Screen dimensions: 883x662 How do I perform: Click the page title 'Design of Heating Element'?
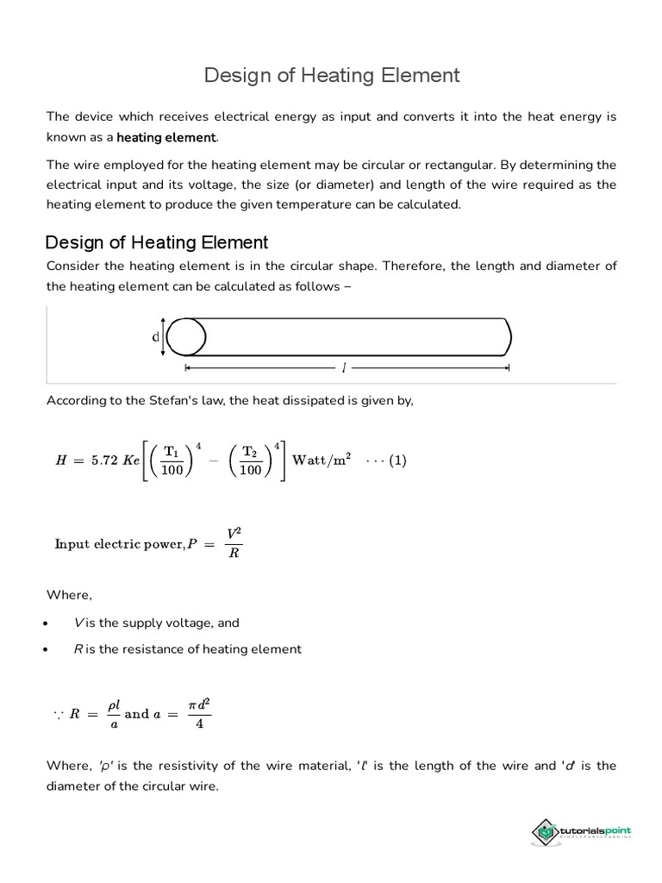click(x=332, y=76)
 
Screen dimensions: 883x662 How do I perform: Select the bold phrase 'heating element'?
click(x=165, y=137)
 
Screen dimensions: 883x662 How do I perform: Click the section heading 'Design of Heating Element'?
click(x=157, y=242)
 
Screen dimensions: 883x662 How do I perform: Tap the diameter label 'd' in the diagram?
click(x=156, y=337)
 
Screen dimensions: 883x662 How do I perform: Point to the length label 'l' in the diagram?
click(x=344, y=368)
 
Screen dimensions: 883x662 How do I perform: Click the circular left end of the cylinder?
click(x=186, y=337)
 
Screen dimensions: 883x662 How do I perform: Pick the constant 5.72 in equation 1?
click(x=101, y=460)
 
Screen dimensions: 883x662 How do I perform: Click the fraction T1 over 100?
click(x=172, y=460)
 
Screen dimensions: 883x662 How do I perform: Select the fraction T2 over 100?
click(x=250, y=460)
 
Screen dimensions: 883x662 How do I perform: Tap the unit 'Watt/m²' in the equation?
click(x=322, y=460)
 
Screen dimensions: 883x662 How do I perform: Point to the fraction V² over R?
click(x=234, y=543)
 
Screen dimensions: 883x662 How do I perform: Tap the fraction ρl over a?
click(x=113, y=713)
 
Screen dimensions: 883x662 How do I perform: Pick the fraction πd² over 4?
click(x=199, y=713)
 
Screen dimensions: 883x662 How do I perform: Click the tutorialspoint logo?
click(x=581, y=832)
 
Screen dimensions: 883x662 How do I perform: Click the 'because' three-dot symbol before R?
click(x=58, y=714)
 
